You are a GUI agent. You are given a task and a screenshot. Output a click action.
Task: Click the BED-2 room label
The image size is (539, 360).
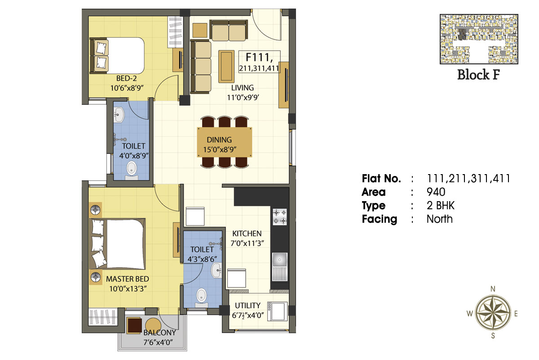click(126, 78)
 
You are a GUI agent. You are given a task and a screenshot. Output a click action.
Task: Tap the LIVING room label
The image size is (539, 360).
click(242, 88)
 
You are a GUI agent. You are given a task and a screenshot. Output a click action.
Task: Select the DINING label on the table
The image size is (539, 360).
click(219, 139)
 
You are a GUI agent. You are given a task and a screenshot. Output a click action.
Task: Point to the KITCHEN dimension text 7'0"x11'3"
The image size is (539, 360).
click(247, 243)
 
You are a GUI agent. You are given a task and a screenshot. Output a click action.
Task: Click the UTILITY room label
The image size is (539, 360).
click(247, 306)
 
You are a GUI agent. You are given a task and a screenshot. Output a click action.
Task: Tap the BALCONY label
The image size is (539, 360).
click(159, 333)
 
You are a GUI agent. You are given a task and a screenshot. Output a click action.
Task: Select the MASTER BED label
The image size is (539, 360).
click(128, 279)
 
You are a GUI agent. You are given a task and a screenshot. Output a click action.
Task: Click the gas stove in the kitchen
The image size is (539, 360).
click(279, 217)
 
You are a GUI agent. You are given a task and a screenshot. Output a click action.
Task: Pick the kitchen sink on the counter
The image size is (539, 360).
click(279, 267)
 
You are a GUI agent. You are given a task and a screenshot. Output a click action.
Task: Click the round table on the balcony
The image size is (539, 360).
click(153, 325)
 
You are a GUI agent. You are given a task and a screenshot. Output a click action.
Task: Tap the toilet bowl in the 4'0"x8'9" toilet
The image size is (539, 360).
click(131, 171)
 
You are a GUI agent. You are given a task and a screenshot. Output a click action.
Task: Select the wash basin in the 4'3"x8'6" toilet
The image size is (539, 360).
click(216, 270)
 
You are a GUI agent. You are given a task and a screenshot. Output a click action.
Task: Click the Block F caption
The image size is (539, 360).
click(479, 75)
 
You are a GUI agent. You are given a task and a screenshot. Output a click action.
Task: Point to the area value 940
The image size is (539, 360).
click(436, 192)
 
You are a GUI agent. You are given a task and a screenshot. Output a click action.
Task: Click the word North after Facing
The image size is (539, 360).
click(440, 219)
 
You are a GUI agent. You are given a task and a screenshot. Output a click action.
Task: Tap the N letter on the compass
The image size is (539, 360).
click(493, 289)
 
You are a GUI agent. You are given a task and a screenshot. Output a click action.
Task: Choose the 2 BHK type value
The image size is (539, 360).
click(441, 206)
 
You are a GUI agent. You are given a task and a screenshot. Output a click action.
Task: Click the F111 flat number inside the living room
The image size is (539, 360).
click(259, 58)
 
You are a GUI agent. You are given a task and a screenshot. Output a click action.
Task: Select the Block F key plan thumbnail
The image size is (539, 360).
click(479, 39)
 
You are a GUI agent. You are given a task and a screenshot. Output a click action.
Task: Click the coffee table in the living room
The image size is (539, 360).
click(226, 67)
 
